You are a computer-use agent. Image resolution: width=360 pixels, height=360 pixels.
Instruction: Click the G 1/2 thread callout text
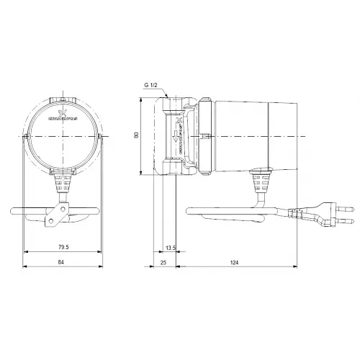coord(151,85)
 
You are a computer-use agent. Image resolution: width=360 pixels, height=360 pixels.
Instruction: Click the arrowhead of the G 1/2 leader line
coord(168,97)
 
